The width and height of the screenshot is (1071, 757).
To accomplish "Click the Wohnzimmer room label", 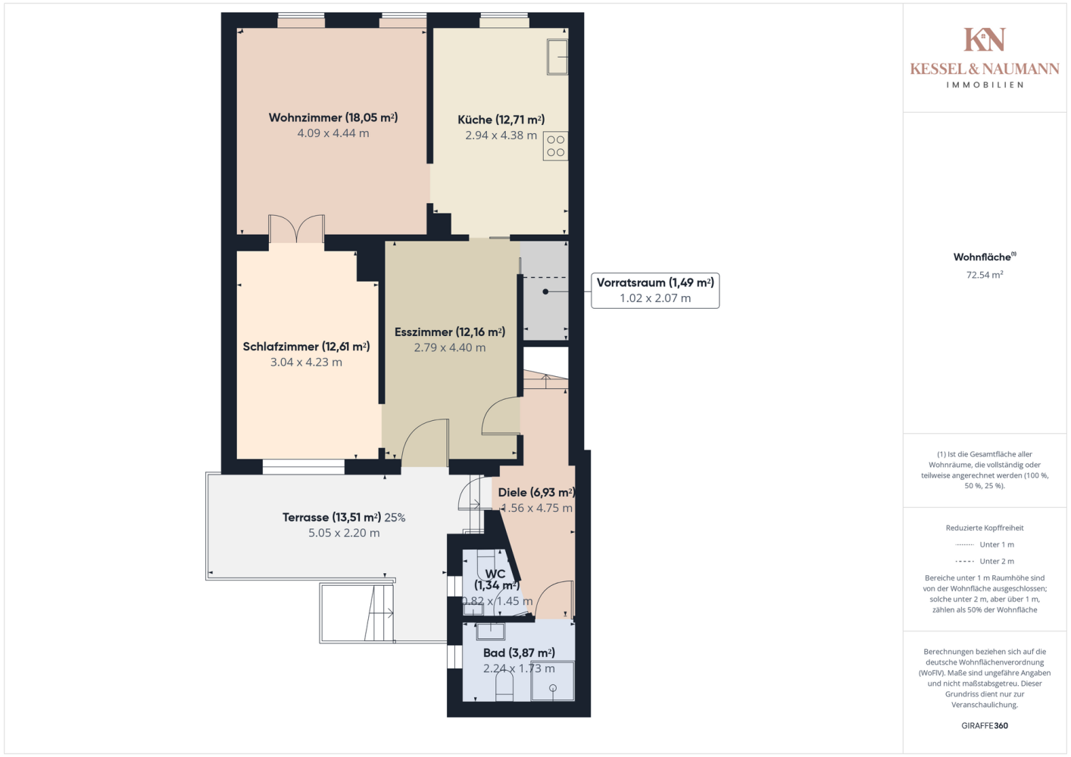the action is pyautogui.click(x=333, y=117).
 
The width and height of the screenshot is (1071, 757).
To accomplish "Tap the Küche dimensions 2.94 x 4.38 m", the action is pyautogui.click(x=501, y=136).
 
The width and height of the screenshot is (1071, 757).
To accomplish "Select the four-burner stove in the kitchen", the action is pyautogui.click(x=556, y=146).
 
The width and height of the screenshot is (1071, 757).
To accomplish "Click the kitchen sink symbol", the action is pyautogui.click(x=557, y=58).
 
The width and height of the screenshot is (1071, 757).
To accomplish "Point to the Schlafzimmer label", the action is pyautogui.click(x=307, y=347).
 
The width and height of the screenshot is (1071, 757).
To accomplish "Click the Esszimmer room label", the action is pyautogui.click(x=450, y=332).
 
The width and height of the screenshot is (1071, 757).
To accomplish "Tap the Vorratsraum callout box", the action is pyautogui.click(x=655, y=291).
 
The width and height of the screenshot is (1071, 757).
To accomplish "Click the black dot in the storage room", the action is pyautogui.click(x=545, y=291).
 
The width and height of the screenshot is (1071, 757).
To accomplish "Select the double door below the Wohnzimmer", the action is pyautogui.click(x=297, y=229).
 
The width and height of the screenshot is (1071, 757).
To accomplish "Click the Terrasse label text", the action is pyautogui.click(x=332, y=518).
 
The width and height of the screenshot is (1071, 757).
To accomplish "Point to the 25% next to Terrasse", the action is pyautogui.click(x=395, y=518).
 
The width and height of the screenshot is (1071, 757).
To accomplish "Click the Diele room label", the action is pyautogui.click(x=536, y=493).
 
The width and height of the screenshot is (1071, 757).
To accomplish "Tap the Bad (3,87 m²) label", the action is pyautogui.click(x=520, y=653).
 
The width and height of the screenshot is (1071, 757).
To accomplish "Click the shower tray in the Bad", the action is pyautogui.click(x=553, y=681).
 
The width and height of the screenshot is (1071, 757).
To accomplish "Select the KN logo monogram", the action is pyautogui.click(x=985, y=39).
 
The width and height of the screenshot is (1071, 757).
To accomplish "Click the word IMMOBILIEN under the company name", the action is pyautogui.click(x=985, y=85).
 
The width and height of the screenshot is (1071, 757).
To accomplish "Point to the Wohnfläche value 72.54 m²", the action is pyautogui.click(x=985, y=275).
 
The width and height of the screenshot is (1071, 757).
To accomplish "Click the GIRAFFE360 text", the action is pyautogui.click(x=985, y=725).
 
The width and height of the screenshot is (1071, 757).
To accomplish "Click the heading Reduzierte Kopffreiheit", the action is pyautogui.click(x=985, y=528).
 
